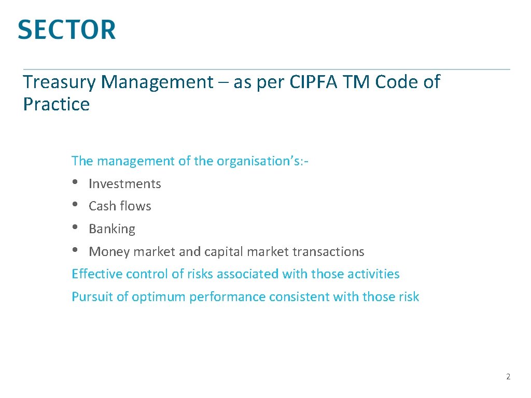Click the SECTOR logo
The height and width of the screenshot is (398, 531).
tap(67, 30)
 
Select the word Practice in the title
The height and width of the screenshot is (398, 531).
tap(57, 105)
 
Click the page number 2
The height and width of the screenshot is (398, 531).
tap(508, 377)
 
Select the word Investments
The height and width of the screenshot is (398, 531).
tap(125, 184)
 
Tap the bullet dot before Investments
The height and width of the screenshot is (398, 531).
tap(76, 182)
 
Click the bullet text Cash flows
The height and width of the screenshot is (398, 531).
tap(120, 206)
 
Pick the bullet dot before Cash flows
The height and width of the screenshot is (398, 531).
tap(76, 205)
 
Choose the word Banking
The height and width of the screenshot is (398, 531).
tap(112, 229)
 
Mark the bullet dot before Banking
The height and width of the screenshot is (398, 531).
tap(76, 228)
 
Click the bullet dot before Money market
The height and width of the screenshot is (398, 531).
tap(76, 250)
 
